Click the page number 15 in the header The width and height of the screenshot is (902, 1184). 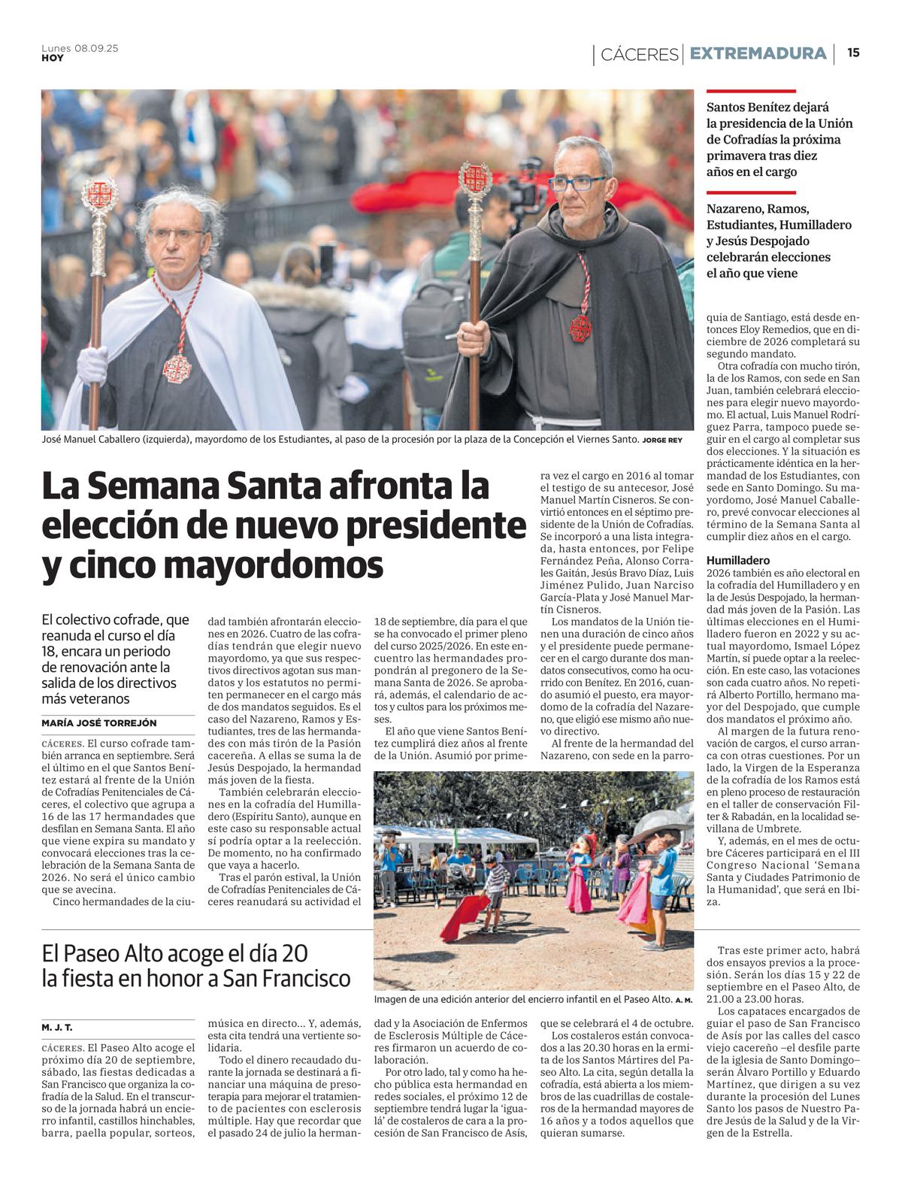pos(853,53)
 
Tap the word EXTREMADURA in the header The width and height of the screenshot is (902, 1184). pos(758,53)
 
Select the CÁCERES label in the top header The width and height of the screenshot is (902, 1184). pos(639,54)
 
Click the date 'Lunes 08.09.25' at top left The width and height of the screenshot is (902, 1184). pos(80,48)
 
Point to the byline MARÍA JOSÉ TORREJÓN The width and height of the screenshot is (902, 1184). pos(99,722)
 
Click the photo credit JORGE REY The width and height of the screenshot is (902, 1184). pos(662,440)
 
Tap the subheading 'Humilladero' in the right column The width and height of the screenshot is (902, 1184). pos(738,560)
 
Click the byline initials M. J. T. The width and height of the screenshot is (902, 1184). pos(57,1027)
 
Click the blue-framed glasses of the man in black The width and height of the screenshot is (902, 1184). pos(577,183)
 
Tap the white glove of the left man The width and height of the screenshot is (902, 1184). pos(92,365)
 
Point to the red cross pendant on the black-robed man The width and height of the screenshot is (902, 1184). pos(580,327)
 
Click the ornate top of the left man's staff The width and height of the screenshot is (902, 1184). pos(99,194)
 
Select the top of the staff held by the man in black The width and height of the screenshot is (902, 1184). pos(475,179)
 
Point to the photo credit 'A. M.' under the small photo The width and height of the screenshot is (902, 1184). pos(683,1000)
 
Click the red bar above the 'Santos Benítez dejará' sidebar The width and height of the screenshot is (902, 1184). pos(750,90)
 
